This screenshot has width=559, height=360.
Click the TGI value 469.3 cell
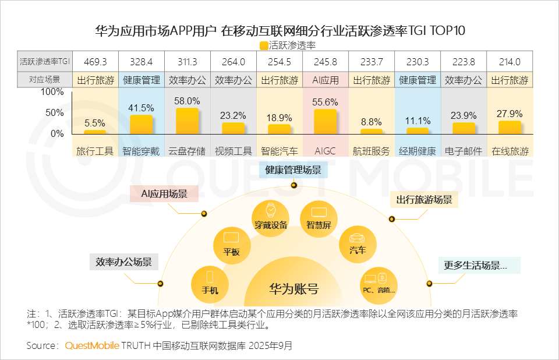pyautogui.click(x=95, y=61)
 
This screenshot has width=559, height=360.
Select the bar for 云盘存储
pyautogui.click(x=187, y=121)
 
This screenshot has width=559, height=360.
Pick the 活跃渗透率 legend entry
pyautogui.click(x=288, y=45)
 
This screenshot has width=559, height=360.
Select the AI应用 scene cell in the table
pyautogui.click(x=325, y=80)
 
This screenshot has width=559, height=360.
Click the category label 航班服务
pyautogui.click(x=371, y=151)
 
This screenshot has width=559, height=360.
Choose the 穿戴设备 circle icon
pyautogui.click(x=270, y=216)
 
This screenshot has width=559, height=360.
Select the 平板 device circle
pyautogui.click(x=231, y=244)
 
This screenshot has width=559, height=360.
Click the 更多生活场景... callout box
pyautogui.click(x=475, y=265)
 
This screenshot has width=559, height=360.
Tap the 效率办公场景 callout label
pyautogui.click(x=123, y=262)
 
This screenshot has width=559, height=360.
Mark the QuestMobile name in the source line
pyautogui.click(x=92, y=345)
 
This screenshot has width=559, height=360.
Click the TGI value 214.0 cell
pyautogui.click(x=510, y=61)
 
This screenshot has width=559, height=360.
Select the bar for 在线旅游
pyautogui.click(x=510, y=128)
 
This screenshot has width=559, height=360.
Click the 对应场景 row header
pyautogui.click(x=44, y=80)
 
